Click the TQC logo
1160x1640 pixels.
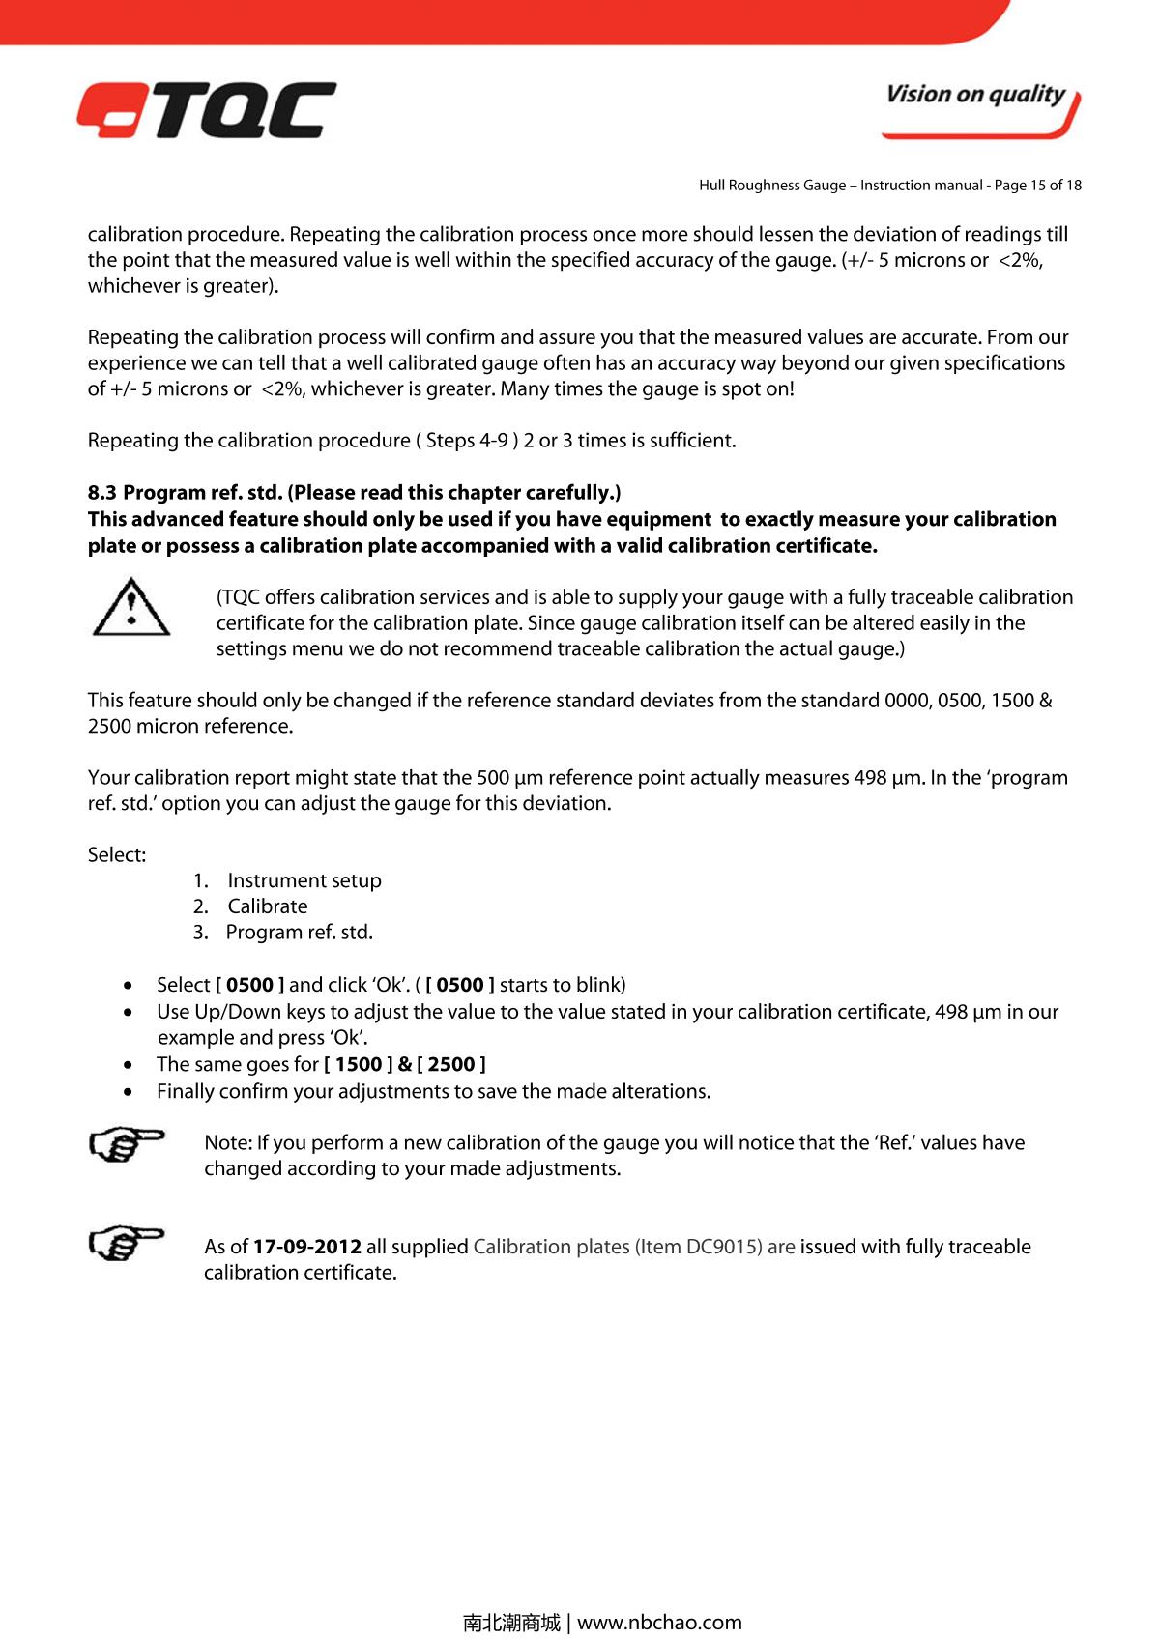coord(207,110)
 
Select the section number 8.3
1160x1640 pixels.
coord(101,493)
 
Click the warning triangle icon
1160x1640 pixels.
coord(130,608)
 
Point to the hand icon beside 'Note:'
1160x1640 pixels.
coord(126,1145)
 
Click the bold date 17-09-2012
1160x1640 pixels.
coord(307,1247)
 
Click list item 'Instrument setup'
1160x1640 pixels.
coord(304,880)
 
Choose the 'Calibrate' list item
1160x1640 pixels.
coord(268,906)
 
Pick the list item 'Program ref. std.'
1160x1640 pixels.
coord(299,933)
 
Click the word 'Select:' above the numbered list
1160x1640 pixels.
coord(117,855)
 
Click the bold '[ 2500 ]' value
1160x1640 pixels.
coord(451,1065)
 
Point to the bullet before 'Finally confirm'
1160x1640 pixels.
coord(130,1092)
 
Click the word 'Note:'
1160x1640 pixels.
coord(227,1143)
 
